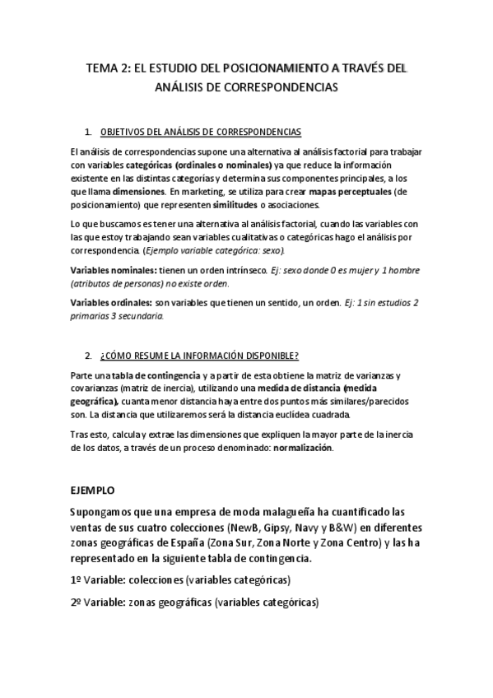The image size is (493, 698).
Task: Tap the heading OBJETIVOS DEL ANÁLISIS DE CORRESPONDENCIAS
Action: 200,132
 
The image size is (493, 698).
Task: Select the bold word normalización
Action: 303,447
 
